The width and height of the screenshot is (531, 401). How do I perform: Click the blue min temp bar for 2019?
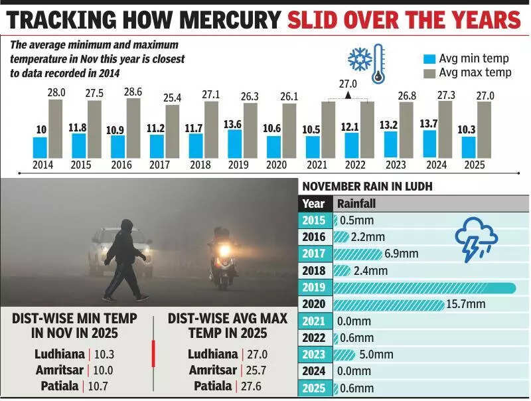[234, 143]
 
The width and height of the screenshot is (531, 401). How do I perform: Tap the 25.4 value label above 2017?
[173, 98]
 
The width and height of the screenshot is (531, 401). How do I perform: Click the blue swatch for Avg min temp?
[429, 58]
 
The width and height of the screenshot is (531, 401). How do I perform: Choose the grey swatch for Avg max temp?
[429, 72]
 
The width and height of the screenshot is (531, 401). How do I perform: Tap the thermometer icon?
[378, 64]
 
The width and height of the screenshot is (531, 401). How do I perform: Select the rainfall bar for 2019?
[425, 287]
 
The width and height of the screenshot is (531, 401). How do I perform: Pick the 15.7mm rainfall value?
[466, 304]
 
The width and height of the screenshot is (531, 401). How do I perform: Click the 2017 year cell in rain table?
[313, 254]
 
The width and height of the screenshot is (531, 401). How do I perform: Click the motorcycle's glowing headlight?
[225, 250]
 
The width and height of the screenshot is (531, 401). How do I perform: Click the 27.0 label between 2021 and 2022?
[348, 84]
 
